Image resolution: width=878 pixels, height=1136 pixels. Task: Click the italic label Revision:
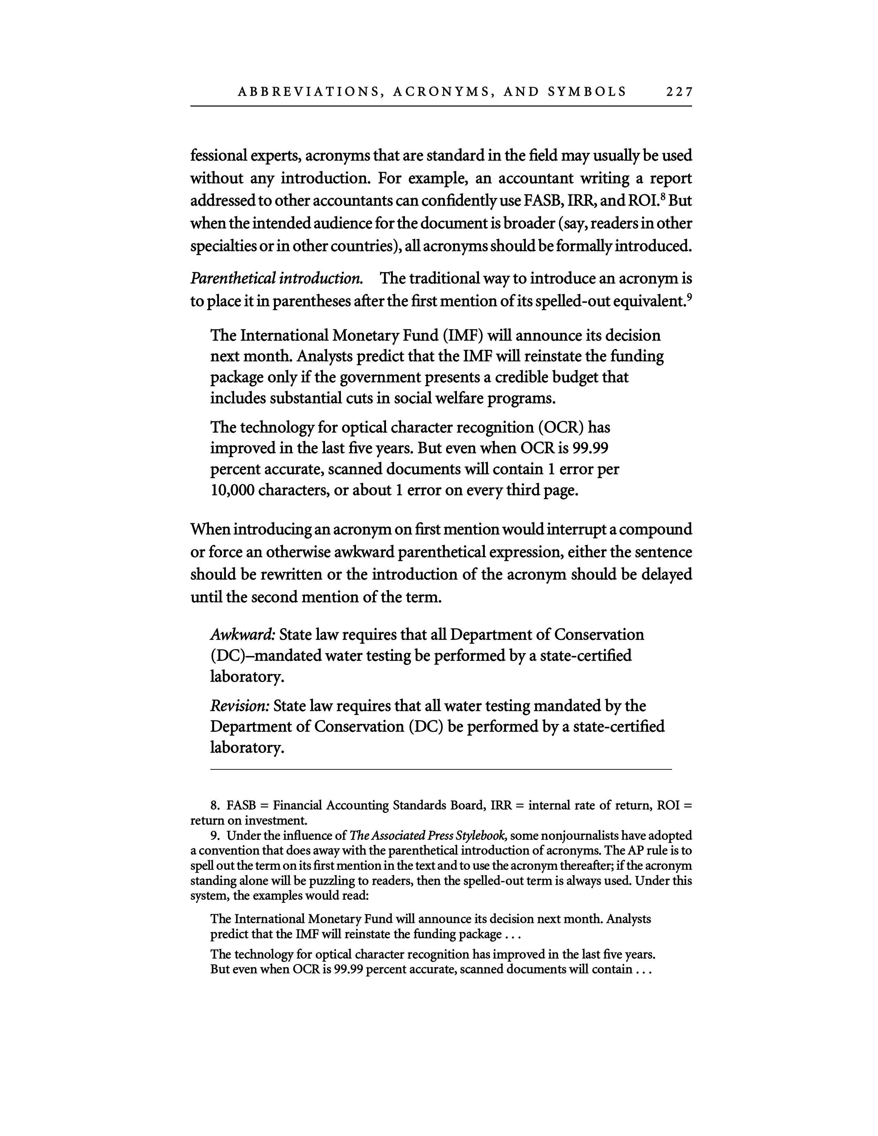(x=240, y=706)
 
